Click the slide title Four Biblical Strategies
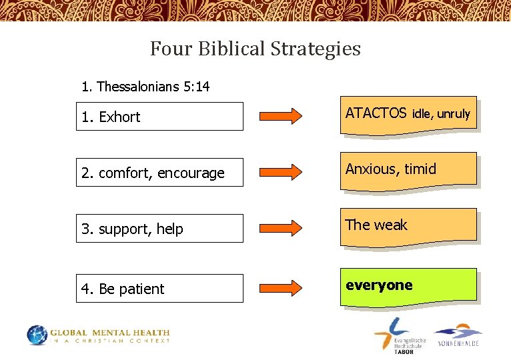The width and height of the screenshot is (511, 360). pyautogui.click(x=255, y=49)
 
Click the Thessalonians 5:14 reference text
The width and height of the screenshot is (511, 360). pyautogui.click(x=145, y=87)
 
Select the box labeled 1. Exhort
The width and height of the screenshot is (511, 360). pyautogui.click(x=159, y=117)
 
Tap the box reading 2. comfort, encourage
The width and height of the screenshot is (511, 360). pyautogui.click(x=159, y=173)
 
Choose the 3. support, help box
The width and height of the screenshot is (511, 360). pyautogui.click(x=159, y=229)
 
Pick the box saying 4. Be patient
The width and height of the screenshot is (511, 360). pyautogui.click(x=159, y=289)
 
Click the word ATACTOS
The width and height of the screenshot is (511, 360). pyautogui.click(x=376, y=113)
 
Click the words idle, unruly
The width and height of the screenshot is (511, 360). pyautogui.click(x=441, y=114)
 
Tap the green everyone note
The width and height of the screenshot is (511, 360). pyautogui.click(x=408, y=286)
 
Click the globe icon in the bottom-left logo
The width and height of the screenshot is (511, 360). pyautogui.click(x=38, y=335)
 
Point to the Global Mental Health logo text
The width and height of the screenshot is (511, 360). pyautogui.click(x=111, y=336)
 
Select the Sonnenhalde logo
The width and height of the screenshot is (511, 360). pyautogui.click(x=458, y=335)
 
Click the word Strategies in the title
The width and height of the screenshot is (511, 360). pyautogui.click(x=316, y=49)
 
